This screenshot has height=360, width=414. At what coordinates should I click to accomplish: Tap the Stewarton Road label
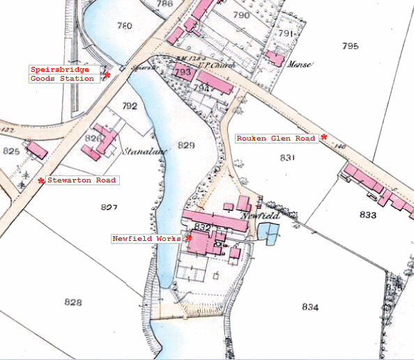click(x=82, y=180)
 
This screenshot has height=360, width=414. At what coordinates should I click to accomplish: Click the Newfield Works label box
click(x=146, y=238)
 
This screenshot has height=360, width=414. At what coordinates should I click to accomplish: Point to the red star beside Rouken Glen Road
click(x=324, y=136)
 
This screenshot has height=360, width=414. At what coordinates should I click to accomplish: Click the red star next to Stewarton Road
click(x=41, y=180)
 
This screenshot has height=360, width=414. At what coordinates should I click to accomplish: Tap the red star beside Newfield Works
click(x=188, y=237)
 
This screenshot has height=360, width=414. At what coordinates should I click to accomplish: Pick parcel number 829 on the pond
click(x=186, y=145)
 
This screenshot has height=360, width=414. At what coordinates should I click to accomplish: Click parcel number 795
click(x=350, y=46)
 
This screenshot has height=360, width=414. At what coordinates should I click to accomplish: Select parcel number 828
click(x=72, y=302)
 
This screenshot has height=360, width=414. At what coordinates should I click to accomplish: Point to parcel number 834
click(x=311, y=307)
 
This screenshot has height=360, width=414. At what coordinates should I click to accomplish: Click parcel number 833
click(x=368, y=215)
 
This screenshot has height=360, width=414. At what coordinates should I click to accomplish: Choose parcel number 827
click(x=109, y=208)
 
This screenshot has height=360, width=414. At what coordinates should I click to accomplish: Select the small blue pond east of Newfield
click(x=269, y=233)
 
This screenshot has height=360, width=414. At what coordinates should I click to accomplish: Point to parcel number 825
click(x=11, y=150)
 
